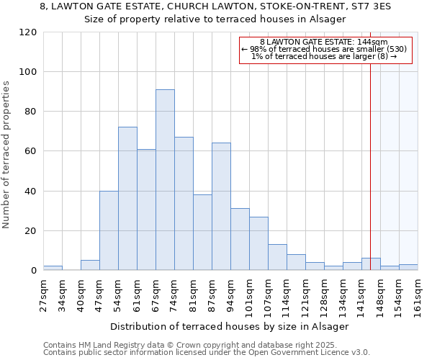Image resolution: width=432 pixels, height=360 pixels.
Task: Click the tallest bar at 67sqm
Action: pyautogui.click(x=165, y=180)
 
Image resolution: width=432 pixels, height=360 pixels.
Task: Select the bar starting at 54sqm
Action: pyautogui.click(x=127, y=199)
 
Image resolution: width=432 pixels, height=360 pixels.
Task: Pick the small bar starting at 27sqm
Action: pyautogui.click(x=53, y=268)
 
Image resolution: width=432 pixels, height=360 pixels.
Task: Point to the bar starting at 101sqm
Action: pyautogui.click(x=258, y=243)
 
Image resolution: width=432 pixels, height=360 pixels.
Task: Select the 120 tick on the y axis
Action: pyautogui.click(x=28, y=32)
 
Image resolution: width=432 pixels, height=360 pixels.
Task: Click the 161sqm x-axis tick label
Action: pyautogui.click(x=418, y=295)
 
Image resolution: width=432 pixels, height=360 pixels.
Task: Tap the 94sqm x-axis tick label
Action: pyautogui.click(x=230, y=295)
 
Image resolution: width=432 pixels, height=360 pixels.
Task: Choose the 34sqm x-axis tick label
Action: pyautogui.click(x=62, y=295)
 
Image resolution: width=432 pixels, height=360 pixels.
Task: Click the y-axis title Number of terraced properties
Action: pyautogui.click(x=7, y=155)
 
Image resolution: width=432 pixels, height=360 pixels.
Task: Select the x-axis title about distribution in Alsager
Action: pyautogui.click(x=230, y=326)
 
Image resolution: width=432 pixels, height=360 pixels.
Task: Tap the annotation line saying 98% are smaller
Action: pyautogui.click(x=324, y=49)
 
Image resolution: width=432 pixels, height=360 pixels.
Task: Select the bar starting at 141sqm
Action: pyautogui.click(x=371, y=264)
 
